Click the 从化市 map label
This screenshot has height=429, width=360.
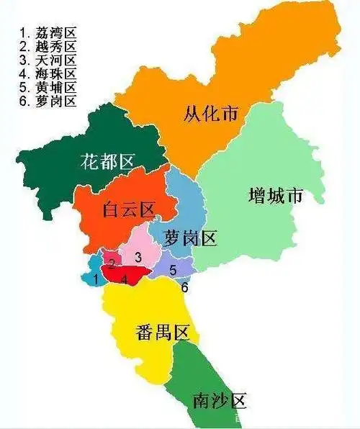coord(210,114)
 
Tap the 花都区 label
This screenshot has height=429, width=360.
coord(106,162)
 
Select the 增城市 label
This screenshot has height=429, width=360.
coord(274,196)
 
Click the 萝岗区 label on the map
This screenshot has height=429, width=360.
coord(190,238)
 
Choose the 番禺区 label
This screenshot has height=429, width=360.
coord(161,333)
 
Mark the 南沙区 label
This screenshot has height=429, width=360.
coord(219,400)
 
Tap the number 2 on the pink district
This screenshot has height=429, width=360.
coord(112,263)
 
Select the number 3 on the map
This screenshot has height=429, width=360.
coord(138,256)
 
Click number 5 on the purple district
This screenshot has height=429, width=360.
coord(172,270)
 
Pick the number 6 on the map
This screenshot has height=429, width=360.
coord(185,287)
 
